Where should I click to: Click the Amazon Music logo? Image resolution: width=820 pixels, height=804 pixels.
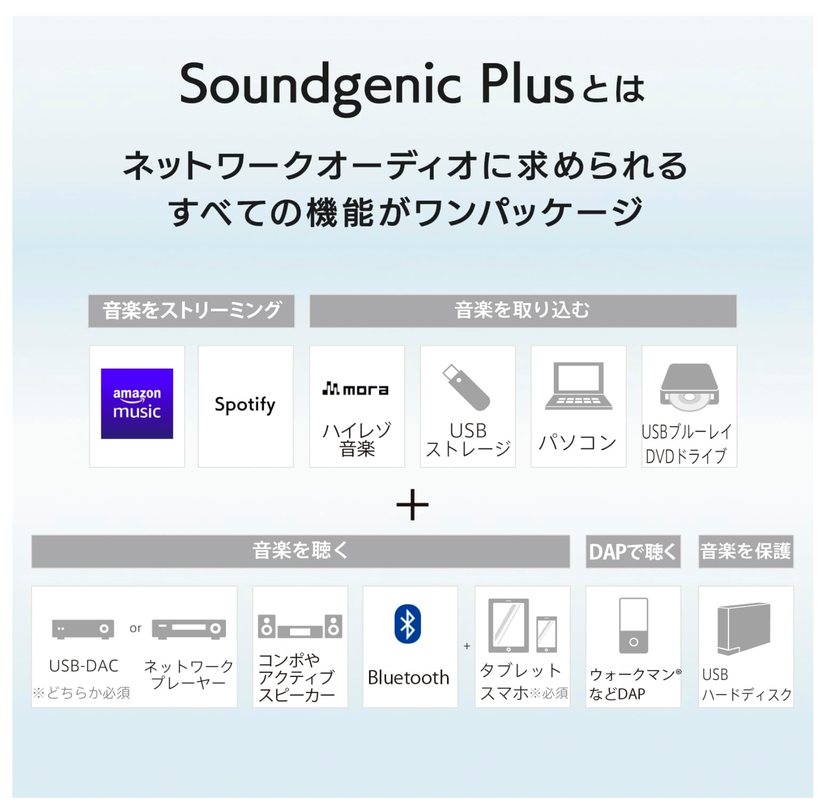[137, 403]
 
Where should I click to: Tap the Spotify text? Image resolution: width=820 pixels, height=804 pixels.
[245, 405]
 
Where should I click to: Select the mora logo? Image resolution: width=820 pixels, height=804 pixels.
[355, 389]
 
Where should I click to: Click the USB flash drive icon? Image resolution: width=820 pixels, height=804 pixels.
[466, 387]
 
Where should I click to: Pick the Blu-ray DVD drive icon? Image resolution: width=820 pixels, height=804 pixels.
[689, 387]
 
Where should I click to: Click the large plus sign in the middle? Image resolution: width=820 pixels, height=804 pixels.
[412, 505]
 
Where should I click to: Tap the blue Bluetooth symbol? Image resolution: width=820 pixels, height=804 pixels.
[408, 624]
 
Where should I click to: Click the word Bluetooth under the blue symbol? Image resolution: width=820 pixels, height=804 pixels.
[408, 677]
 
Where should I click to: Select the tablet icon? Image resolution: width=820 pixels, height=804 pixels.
[508, 625]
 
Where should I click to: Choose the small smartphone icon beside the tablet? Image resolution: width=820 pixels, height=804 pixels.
[547, 634]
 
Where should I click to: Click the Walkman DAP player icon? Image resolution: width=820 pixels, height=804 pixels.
[634, 626]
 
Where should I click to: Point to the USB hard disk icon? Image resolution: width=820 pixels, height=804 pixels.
[744, 629]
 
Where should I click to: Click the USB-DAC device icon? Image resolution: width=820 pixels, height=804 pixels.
[83, 629]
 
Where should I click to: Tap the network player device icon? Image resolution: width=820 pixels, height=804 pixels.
[189, 629]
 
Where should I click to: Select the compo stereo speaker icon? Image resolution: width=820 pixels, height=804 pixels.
[300, 626]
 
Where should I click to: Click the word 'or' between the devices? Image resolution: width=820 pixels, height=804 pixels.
[135, 628]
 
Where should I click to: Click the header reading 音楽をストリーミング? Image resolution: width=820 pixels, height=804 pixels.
[191, 311]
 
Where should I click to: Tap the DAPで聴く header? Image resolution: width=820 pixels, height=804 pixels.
[633, 552]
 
